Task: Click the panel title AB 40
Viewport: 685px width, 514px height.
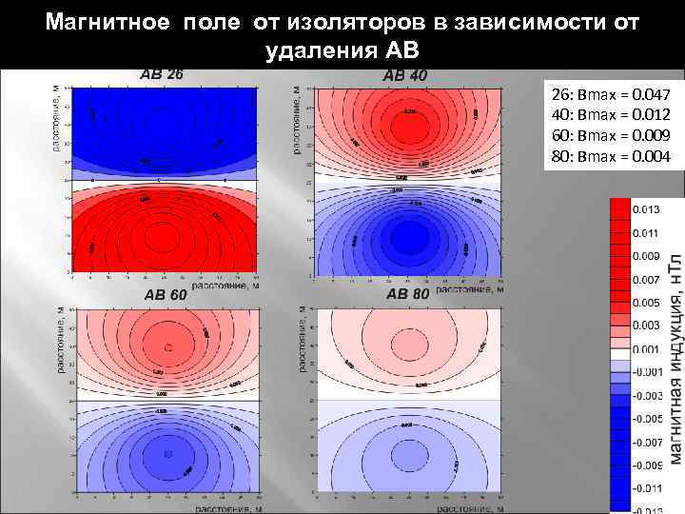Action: pos(404,74)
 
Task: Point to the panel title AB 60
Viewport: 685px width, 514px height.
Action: pos(165,294)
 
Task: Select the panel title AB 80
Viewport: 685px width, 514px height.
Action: pos(407,294)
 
